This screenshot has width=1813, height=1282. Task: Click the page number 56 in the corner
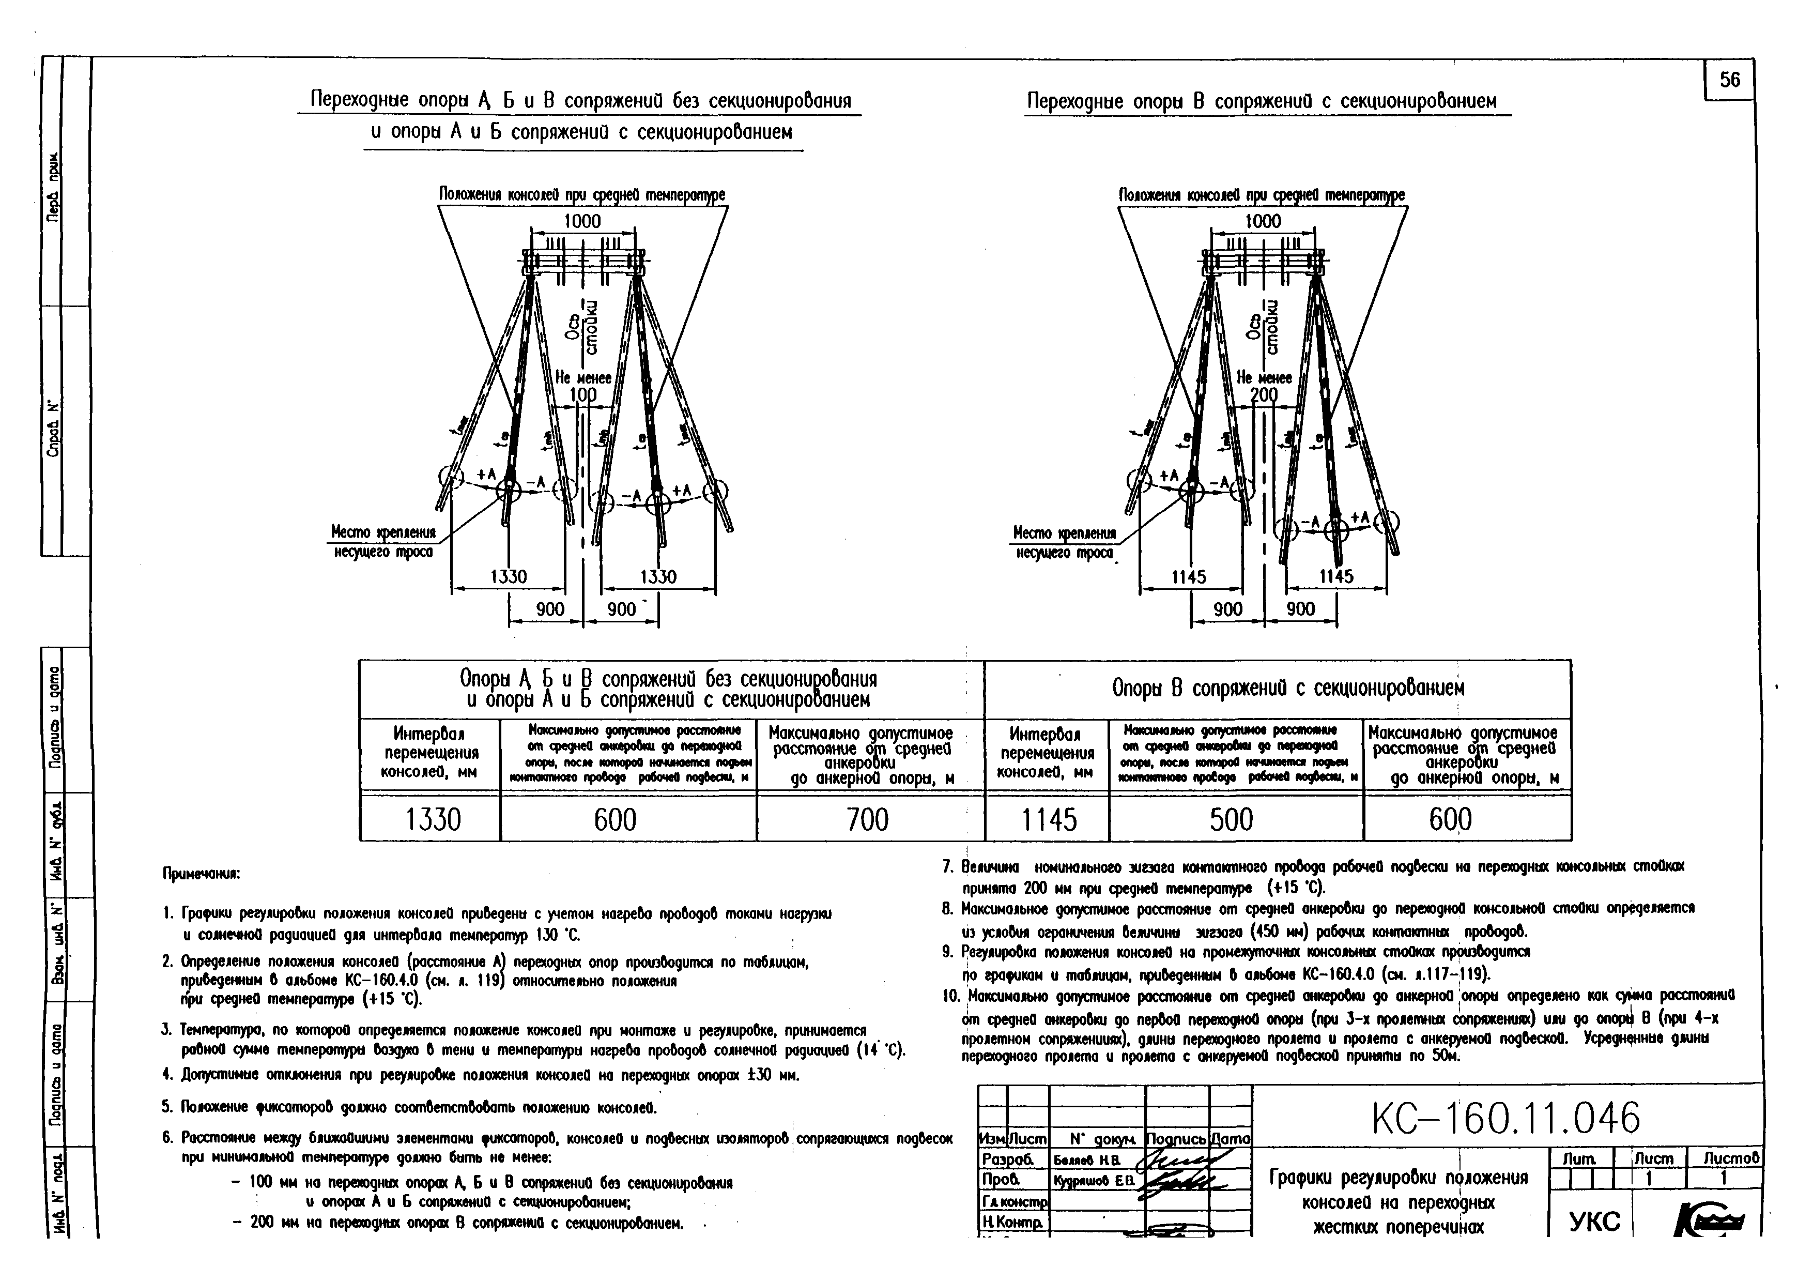(1729, 80)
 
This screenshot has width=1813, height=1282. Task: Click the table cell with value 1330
(432, 820)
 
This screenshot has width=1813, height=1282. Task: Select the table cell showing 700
(867, 820)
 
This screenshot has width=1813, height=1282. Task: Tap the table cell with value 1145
(1048, 820)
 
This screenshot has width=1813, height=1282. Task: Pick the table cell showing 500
(1231, 820)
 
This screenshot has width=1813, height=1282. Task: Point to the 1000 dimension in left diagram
(582, 221)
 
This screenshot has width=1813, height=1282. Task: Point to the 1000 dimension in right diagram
(1262, 221)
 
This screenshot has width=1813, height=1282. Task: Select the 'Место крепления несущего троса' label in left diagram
(383, 542)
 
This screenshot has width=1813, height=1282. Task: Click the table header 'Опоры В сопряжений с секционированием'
(1288, 689)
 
